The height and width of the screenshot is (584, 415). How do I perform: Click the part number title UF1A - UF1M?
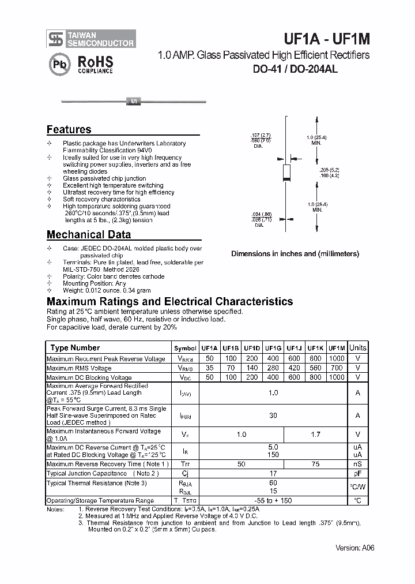coord(327,39)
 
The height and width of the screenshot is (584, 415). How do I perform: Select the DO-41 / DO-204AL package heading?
coord(295,69)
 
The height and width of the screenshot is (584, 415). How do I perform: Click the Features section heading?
coord(69,130)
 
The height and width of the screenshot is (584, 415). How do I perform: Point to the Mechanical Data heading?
coord(88,234)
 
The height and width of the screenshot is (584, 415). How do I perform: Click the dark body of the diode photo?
coord(133,102)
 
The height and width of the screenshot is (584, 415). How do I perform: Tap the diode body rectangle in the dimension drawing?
coord(286,173)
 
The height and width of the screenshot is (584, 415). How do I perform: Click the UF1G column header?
coord(273,348)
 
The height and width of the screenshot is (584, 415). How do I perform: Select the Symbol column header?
coord(185,349)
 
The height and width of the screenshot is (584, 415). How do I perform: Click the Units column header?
coord(357,348)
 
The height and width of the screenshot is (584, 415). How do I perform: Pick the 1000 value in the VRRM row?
coord(336,359)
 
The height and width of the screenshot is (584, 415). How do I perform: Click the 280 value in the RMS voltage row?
coord(273,368)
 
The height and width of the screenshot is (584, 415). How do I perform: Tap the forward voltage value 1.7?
coord(315,435)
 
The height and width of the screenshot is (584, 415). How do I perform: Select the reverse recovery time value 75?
coord(315,464)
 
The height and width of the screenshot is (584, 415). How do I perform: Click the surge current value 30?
coord(273,415)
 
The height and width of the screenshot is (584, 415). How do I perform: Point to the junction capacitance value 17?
coord(273,474)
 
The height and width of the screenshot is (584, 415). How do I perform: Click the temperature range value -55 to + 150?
coord(273,501)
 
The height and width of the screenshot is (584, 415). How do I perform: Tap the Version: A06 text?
coord(354,548)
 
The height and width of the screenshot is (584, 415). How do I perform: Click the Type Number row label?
coord(75,348)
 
